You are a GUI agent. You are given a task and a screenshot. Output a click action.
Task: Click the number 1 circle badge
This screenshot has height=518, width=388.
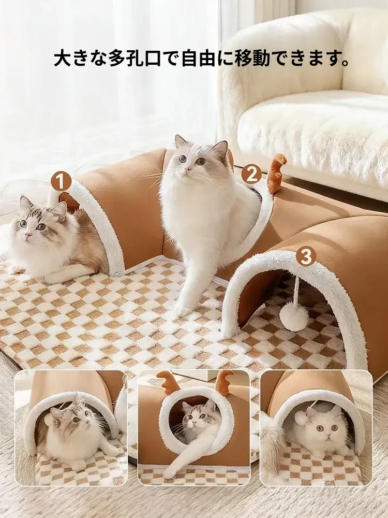tap(61, 181)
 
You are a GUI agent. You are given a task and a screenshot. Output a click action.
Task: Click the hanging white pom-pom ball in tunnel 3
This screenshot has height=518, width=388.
tap(294, 314)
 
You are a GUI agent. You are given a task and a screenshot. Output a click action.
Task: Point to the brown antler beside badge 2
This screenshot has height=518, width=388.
tap(276, 172)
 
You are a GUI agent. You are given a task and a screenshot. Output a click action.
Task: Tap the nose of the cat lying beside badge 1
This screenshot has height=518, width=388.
tap(28, 235)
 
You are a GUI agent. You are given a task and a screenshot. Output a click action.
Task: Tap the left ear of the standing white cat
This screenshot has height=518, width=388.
tap(180, 142)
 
